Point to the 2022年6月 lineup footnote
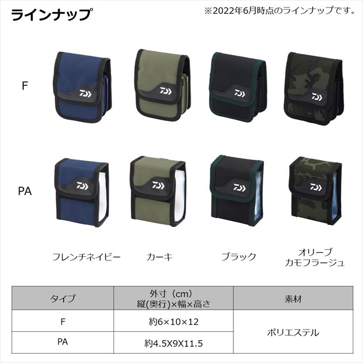(x=279, y=10)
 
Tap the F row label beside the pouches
(x=25, y=86)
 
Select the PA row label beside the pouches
(x=25, y=191)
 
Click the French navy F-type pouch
(x=82, y=88)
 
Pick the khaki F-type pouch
(x=162, y=85)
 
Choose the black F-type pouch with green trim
(x=239, y=88)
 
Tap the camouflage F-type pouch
(x=313, y=89)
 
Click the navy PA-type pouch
(x=81, y=193)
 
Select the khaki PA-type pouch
(x=158, y=191)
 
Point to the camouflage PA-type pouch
(x=315, y=192)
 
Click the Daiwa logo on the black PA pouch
(x=239, y=188)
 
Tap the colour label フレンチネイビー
(x=86, y=257)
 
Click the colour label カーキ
(x=160, y=257)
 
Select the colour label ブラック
(x=239, y=257)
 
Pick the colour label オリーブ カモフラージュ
(x=315, y=258)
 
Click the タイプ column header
(x=63, y=298)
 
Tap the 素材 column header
(x=293, y=299)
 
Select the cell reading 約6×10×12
(x=173, y=322)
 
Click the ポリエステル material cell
(x=293, y=332)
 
